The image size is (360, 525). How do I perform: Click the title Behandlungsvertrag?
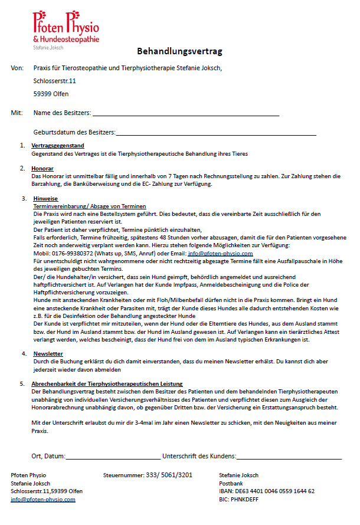(x=179, y=51)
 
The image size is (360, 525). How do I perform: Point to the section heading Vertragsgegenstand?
(x=58, y=145)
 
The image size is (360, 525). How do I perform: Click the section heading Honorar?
(x=42, y=169)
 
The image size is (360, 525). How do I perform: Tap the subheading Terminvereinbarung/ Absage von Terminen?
(x=80, y=206)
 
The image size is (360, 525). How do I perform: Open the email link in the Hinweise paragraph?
(x=220, y=252)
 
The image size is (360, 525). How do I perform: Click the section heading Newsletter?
(x=47, y=353)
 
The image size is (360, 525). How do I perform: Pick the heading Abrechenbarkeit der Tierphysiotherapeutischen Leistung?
(x=107, y=383)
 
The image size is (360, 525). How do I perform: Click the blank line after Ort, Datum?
(x=113, y=456)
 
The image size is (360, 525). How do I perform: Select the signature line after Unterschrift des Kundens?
(x=289, y=456)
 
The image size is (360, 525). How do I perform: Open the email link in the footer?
(x=43, y=499)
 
